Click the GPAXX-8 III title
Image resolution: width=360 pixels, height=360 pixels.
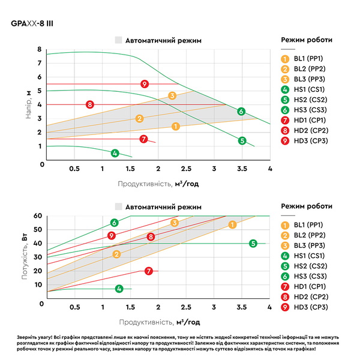point(32,23)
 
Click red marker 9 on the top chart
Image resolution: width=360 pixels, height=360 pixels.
point(145,84)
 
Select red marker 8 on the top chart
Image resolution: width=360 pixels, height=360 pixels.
point(90,104)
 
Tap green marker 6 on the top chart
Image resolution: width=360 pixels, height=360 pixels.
point(241,112)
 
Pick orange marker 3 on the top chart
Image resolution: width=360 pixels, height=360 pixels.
point(172,95)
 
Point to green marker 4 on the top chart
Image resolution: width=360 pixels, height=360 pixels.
point(115,153)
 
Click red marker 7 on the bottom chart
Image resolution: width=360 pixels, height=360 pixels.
point(149,271)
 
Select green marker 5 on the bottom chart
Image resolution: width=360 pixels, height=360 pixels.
point(253,244)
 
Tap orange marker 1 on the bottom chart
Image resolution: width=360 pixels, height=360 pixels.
point(232,224)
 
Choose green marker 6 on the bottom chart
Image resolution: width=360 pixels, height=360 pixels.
point(115,223)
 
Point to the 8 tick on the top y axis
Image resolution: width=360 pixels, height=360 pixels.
point(40,49)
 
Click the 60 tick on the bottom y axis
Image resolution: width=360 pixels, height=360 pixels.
point(38,215)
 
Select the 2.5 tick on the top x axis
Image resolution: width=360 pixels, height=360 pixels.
point(186,169)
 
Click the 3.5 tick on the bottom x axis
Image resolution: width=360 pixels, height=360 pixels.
point(242,307)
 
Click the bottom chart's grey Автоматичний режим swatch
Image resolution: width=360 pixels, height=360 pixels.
point(118,206)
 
